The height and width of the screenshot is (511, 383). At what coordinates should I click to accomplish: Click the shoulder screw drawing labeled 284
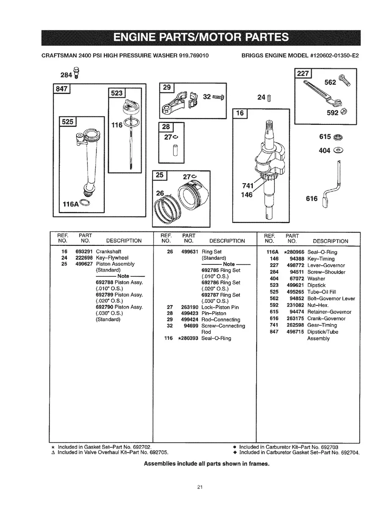coord(76,73)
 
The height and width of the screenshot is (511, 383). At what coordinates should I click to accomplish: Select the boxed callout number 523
coord(117,93)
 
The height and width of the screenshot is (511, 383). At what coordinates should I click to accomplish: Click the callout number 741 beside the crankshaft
coord(248,186)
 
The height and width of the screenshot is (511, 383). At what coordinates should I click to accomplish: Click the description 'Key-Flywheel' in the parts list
coord(112,258)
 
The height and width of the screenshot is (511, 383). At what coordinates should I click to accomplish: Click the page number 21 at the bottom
coord(200,488)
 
